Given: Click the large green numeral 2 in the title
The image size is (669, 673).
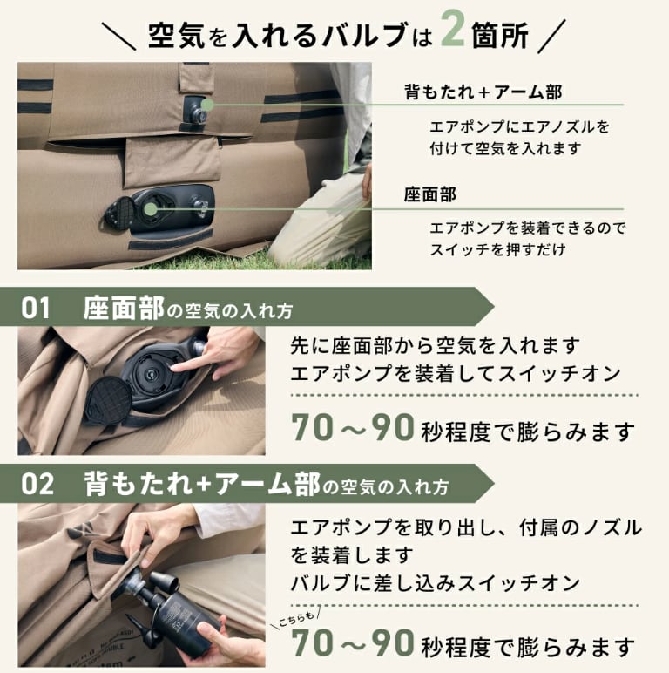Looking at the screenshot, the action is tap(453, 28).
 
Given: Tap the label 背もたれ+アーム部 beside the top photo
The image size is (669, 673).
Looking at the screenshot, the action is tap(483, 92).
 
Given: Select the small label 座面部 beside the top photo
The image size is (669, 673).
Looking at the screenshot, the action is tap(429, 195).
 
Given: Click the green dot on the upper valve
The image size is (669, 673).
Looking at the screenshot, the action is tap(207, 105).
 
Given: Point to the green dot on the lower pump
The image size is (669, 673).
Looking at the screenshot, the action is tap(151, 209).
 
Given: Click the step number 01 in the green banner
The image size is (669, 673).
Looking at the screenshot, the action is tap(35, 308).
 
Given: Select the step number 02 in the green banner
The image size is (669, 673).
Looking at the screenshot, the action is tap(37, 484).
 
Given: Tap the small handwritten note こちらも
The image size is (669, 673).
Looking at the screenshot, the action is tap(296, 618).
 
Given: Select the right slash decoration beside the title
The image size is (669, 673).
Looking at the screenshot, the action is tap(552, 36).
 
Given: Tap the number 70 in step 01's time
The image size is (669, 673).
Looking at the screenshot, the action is tap(312, 427).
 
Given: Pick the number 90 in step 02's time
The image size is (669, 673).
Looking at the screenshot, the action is tap(392, 642).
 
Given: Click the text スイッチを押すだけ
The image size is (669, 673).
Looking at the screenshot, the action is tap(498, 249).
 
